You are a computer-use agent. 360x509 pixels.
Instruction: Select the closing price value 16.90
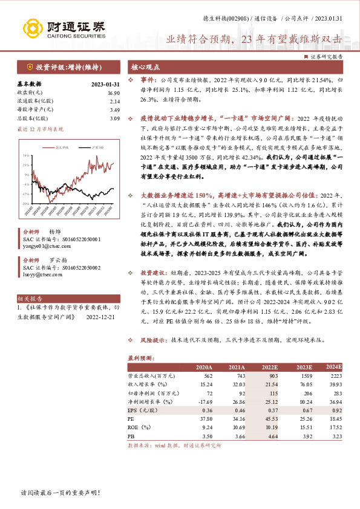(x=113, y=92)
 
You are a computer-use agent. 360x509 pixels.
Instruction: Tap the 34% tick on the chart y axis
(x=26, y=155)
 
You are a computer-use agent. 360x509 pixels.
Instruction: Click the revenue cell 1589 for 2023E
(x=304, y=375)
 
